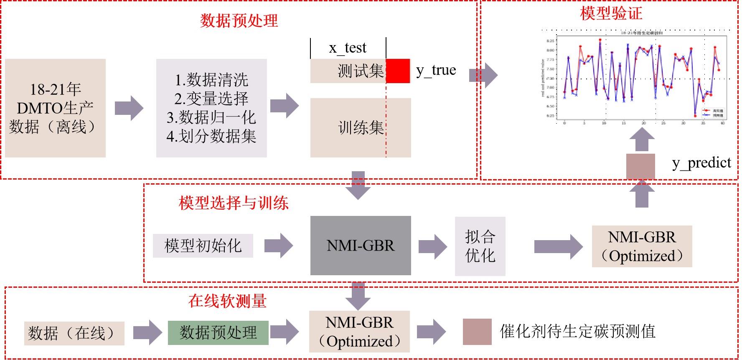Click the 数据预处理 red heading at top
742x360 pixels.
tap(239, 21)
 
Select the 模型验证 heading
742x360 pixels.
tap(611, 13)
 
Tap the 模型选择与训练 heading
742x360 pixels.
tap(234, 203)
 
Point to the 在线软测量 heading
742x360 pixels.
tap(227, 301)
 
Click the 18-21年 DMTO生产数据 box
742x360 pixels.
tap(55, 108)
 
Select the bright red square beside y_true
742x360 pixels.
tap(398, 71)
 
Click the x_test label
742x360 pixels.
tap(348, 48)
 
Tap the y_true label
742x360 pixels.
tap(436, 70)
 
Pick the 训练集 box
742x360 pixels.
tap(361, 128)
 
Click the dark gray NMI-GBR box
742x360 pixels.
tap(361, 246)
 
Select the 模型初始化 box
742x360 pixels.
tap(203, 246)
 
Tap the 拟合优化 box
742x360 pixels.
tap(480, 246)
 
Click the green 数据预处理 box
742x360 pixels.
tap(218, 333)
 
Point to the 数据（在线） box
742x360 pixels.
tap(74, 333)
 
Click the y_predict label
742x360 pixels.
tap(701, 162)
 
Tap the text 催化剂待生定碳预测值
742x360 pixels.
tap(577, 332)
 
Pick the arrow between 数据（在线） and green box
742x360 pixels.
tap(147, 333)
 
